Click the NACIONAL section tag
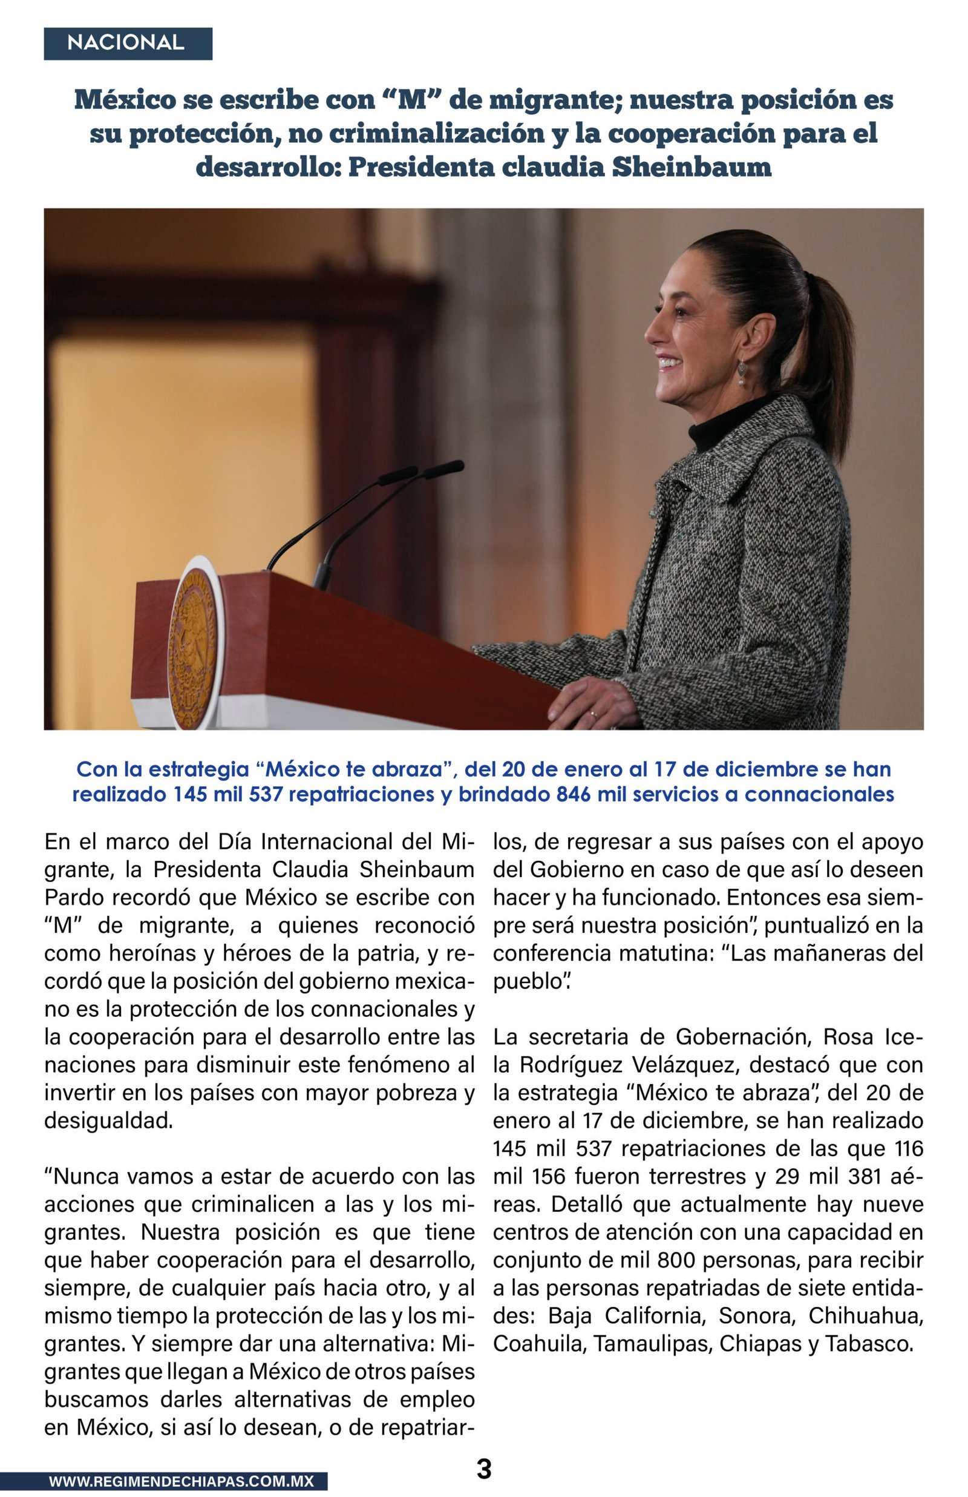(x=128, y=44)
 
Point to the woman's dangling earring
(x=742, y=372)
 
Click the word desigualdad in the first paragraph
(x=108, y=1120)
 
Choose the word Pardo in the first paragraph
(x=71, y=898)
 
